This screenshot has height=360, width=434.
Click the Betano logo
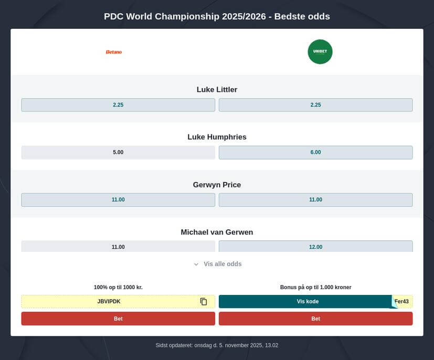coord(114,52)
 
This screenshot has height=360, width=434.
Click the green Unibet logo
coord(320,52)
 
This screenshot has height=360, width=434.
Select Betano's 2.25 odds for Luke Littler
coord(118,105)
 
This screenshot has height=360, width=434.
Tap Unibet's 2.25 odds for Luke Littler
coord(315,105)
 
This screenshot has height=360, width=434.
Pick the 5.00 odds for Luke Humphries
coord(118,152)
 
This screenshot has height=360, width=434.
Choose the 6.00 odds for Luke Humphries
coord(315,152)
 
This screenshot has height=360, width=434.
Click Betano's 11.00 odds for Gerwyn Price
coord(118,199)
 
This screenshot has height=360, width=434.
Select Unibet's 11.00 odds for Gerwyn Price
coord(315,199)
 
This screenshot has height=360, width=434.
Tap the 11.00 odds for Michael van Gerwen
coord(118,246)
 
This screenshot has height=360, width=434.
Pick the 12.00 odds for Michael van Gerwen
coord(315,246)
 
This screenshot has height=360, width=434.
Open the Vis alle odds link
coord(223,264)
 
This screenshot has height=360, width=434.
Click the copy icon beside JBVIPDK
coord(204,302)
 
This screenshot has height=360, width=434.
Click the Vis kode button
coord(307,302)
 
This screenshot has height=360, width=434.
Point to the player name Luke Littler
coord(217,90)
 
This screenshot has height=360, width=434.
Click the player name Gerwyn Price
coord(217,185)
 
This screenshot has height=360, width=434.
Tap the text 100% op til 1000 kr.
coord(118,287)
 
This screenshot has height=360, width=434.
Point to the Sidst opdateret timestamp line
coord(217,345)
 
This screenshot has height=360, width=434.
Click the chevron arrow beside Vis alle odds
coord(196,264)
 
